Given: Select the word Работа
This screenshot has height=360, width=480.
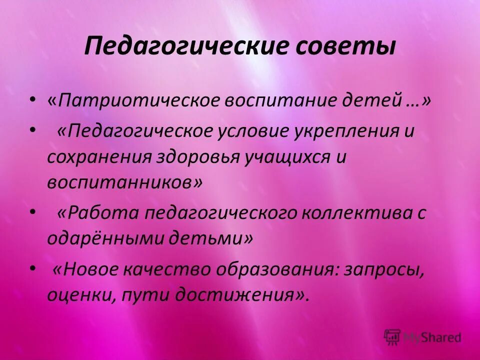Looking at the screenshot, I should (102, 213).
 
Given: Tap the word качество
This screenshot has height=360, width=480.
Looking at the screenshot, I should (172, 270).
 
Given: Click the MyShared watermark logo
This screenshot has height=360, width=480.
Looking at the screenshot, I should (422, 336).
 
